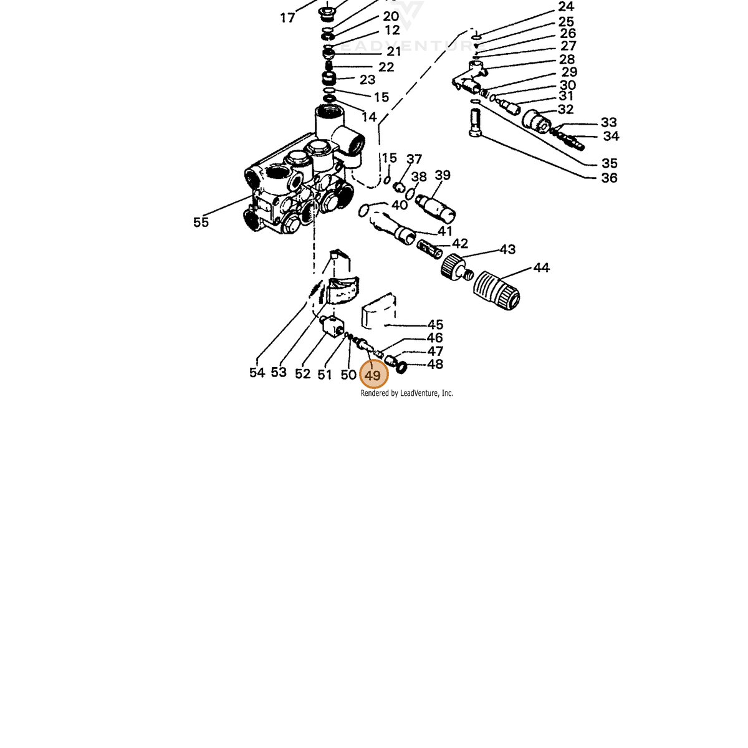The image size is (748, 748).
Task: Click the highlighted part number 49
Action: coord(373,375)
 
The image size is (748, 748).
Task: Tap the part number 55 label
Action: coord(201,223)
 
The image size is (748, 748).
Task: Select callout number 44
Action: coord(542,268)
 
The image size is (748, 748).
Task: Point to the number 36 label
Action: coord(609,178)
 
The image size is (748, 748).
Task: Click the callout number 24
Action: coord(566,7)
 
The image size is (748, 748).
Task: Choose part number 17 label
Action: coord(287,18)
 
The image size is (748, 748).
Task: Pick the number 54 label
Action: coord(257,373)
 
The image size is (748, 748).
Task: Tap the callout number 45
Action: coord(435,325)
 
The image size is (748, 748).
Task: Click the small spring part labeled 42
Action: coord(429,249)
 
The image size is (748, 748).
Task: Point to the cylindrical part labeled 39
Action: coord(435,206)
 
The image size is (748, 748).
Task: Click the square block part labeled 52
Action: coord(332,326)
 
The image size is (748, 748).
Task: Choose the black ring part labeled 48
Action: coord(402,367)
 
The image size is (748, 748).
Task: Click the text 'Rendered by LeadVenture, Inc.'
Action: coord(406,393)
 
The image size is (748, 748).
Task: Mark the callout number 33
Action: coord(608,123)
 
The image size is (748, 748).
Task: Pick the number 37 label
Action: coord(414,159)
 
